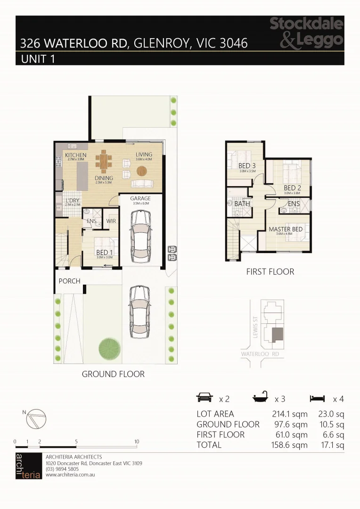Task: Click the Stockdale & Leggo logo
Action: pos(306,33)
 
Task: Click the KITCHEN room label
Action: pos(76,155)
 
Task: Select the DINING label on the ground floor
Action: pos(103,178)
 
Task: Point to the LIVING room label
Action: pos(144,155)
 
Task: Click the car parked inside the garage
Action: pos(140,235)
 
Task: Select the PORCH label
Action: pos(69,281)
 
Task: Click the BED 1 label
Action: pos(105,252)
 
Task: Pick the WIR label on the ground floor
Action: pos(111,221)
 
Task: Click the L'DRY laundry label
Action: pos(66,200)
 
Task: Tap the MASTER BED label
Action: pos(286,230)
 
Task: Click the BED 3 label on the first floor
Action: pos(247,165)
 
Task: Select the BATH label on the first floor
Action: pos(242,204)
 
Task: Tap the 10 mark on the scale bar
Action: pos(137,442)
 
